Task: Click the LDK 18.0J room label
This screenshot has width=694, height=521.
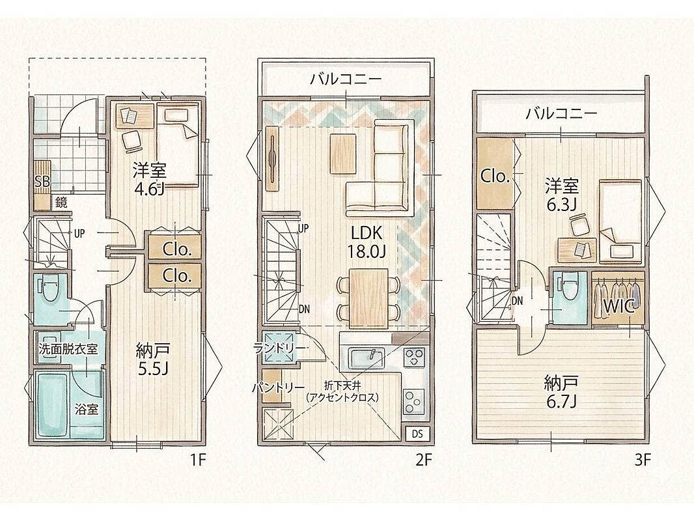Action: pos(367,241)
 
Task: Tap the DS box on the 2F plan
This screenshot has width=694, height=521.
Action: pos(417,434)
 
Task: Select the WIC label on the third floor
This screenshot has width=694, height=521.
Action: pos(618,306)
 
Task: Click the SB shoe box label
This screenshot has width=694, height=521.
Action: pos(42,181)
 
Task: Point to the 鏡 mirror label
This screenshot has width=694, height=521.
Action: pos(61,203)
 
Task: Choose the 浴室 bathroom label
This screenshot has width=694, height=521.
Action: pos(87,409)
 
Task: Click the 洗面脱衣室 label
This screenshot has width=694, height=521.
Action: pos(68,349)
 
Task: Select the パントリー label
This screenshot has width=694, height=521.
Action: pos(279,387)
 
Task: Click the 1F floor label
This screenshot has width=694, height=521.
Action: pos(198,461)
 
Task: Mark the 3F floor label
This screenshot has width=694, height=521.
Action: pos(642,461)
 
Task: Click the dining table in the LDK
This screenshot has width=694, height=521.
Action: pos(368,298)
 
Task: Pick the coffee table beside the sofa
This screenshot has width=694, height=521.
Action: pos(343,154)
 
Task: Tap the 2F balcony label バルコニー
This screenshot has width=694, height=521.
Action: pos(345,79)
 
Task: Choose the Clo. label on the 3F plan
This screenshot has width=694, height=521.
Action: pos(495,176)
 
